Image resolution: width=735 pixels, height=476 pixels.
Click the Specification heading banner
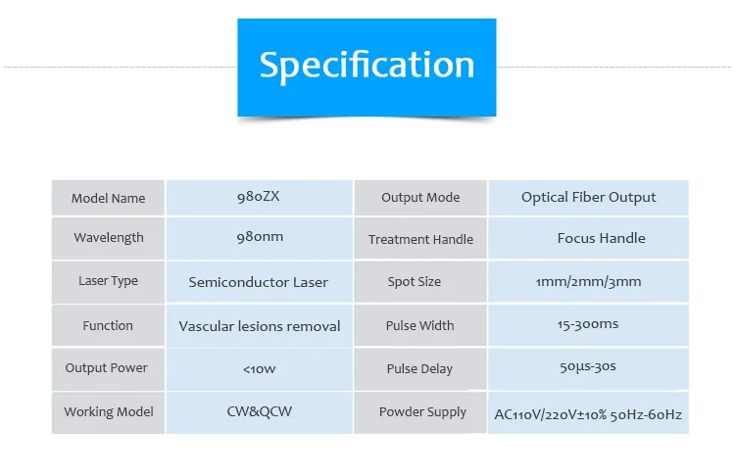367,66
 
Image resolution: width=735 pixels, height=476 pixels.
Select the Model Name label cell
108,198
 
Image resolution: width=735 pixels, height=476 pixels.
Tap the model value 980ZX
259,197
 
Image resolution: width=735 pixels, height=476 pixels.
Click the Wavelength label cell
108,238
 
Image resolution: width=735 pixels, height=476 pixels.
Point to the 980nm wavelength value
259,238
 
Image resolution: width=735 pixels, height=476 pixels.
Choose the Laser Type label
108,281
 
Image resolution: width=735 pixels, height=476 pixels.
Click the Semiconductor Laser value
259,282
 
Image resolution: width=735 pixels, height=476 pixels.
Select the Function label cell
108,325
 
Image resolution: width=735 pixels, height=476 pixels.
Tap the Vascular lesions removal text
260,326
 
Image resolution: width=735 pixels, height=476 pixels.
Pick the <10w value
259,369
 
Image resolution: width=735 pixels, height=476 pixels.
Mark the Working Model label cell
108,412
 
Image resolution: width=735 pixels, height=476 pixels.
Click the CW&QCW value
259,412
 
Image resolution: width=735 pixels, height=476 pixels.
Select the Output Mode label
420,198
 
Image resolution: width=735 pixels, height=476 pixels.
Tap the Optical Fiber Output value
588,198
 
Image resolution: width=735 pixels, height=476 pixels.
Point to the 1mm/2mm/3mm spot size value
588,282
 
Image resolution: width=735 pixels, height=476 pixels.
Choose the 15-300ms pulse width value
588,324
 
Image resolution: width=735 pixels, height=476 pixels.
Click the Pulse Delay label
419,369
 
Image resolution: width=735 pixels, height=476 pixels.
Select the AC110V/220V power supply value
588,415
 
